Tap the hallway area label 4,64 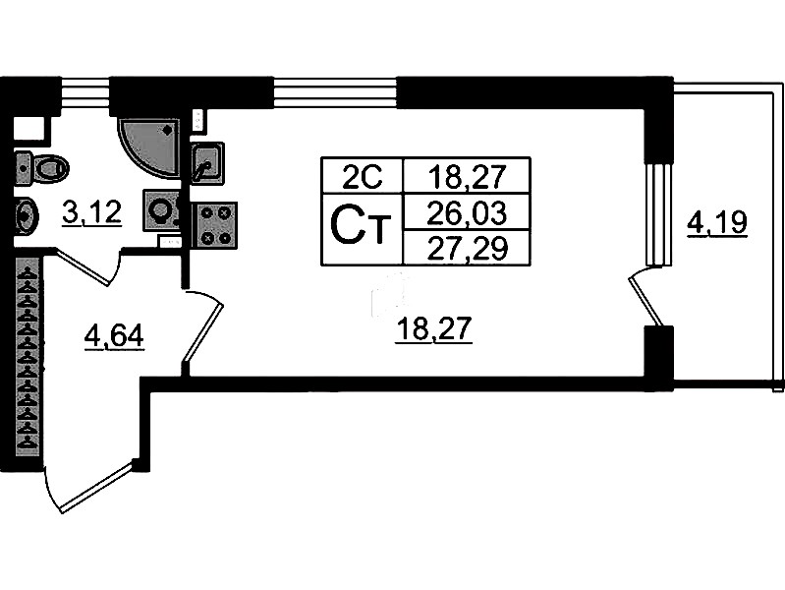(x=114, y=336)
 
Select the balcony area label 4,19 (x=717, y=225)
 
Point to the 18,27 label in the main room (x=434, y=330)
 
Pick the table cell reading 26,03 (x=467, y=210)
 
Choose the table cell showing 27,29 (x=467, y=248)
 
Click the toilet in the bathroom (x=42, y=167)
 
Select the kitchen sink (x=206, y=161)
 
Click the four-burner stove (x=216, y=225)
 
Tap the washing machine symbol (x=161, y=209)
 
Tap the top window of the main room (x=334, y=93)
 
